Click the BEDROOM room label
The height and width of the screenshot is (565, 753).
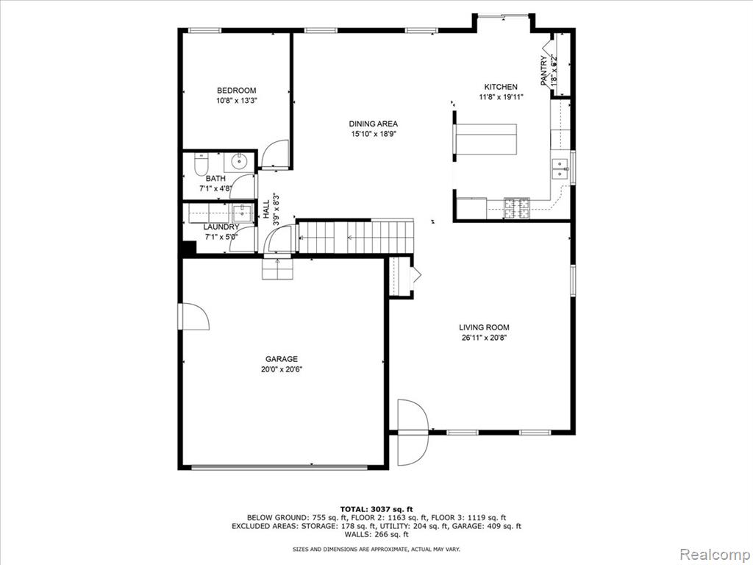tap(236, 90)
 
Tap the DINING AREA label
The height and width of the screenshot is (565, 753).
tap(373, 124)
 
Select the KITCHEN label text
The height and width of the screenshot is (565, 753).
tap(500, 87)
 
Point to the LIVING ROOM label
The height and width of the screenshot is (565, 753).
tap(484, 327)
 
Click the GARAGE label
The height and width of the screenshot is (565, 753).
tap(282, 359)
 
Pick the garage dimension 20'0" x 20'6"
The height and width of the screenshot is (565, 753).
tap(282, 369)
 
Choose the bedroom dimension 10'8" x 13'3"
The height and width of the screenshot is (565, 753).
tap(237, 101)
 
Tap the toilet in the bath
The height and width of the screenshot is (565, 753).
tap(200, 164)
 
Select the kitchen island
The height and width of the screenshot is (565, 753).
tap(485, 139)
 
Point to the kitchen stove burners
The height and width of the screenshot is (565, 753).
tap(517, 208)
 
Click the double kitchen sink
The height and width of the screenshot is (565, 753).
tap(560, 168)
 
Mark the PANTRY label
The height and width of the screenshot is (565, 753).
tap(543, 71)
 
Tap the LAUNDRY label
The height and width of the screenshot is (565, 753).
tap(221, 227)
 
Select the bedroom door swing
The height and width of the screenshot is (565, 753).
tap(274, 154)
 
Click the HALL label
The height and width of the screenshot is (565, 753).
tap(266, 210)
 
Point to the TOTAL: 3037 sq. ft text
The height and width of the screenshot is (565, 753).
tap(376, 509)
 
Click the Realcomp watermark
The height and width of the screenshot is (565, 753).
tap(715, 554)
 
